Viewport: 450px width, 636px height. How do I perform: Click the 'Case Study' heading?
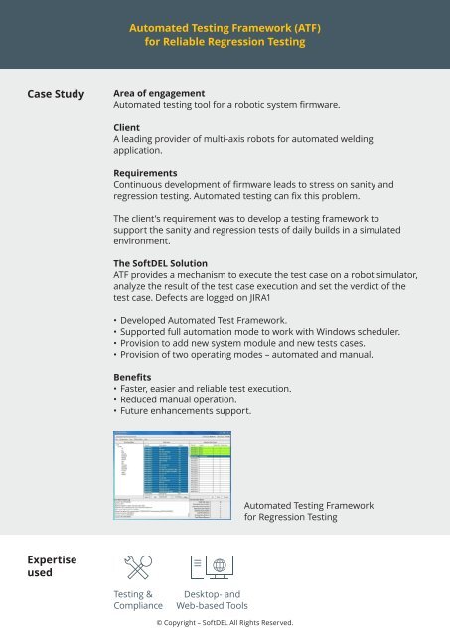tap(57, 95)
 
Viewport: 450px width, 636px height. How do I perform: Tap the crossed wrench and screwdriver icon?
tap(137, 568)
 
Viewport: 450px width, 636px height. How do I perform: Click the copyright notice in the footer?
tap(225, 623)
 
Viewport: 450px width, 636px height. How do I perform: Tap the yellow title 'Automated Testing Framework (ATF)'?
tap(225, 30)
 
